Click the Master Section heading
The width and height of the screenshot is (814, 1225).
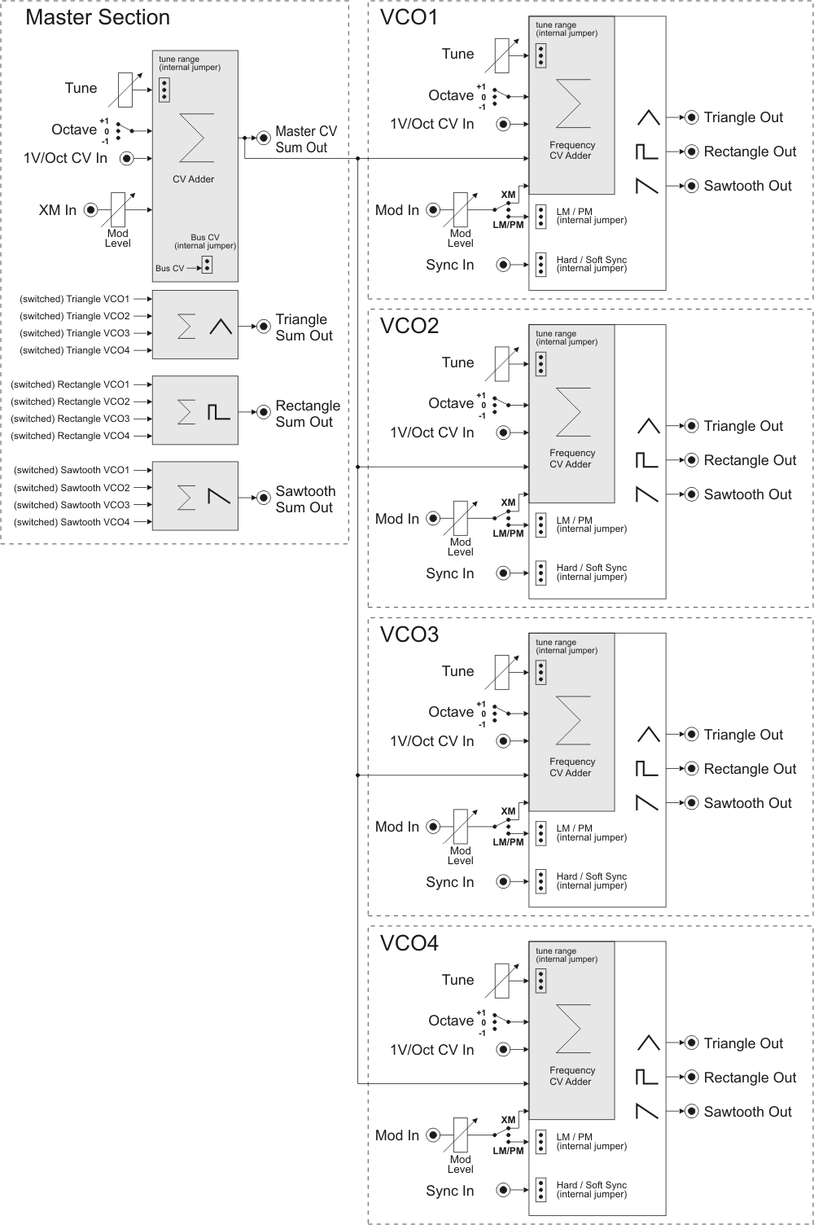98,17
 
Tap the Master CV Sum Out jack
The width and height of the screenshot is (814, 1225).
264,138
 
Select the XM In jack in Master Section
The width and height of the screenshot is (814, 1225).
90,210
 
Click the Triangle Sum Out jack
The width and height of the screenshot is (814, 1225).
264,327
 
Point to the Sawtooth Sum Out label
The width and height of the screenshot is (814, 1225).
305,499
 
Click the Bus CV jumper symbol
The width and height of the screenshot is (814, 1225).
207,266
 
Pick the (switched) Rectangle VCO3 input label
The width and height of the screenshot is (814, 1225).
70,419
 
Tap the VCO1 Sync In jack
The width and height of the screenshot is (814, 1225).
503,265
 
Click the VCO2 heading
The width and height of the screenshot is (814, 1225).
409,326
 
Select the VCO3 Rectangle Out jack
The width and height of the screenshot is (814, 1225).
692,769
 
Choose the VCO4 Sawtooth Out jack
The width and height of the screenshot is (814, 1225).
692,1112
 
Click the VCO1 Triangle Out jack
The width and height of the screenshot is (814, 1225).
692,117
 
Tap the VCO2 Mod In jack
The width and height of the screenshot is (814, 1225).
433,519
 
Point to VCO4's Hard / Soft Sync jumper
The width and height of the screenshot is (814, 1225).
540,1190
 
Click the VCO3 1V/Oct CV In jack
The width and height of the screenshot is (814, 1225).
503,741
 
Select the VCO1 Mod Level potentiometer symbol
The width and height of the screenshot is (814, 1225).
460,210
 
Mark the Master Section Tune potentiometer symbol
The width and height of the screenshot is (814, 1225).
125,90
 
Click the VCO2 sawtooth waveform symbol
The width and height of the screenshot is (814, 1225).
646,494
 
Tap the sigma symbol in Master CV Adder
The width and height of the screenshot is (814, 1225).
195,138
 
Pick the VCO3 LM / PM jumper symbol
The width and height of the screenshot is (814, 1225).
540,833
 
